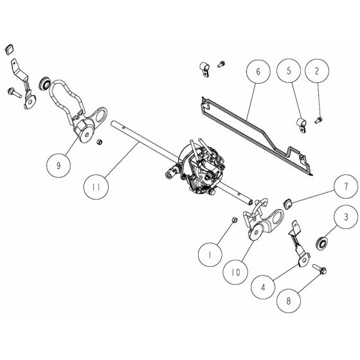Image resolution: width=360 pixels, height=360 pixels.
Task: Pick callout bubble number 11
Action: click(x=96, y=188)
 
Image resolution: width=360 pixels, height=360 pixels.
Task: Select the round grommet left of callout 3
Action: click(x=321, y=242)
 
